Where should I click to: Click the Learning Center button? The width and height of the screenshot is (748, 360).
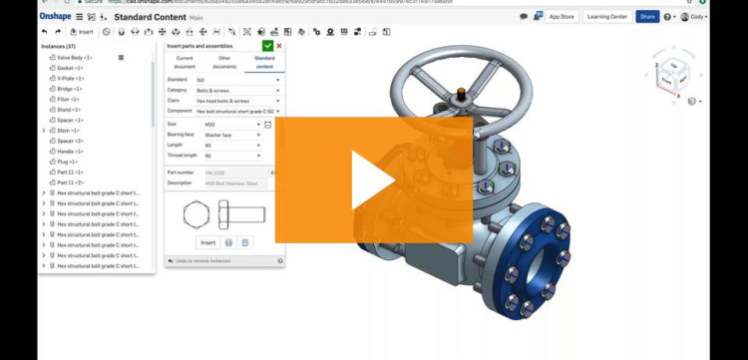tap(605, 17)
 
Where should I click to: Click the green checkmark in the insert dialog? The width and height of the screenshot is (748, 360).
tap(267, 46)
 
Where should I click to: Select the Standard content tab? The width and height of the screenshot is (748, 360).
tap(264, 62)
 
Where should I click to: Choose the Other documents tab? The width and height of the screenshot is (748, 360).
tap(224, 62)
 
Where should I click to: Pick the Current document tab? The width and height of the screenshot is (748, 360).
tap(185, 62)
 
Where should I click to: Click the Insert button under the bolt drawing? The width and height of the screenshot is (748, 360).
tap(207, 242)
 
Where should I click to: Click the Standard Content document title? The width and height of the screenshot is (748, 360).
tap(146, 17)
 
